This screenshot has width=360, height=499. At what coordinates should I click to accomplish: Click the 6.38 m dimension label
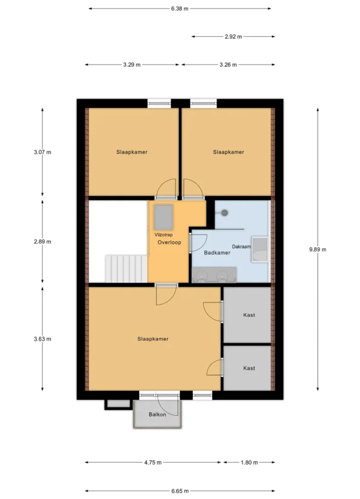180,8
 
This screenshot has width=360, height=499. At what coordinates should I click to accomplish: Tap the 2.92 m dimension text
233,37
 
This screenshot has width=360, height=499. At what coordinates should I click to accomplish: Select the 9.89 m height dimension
318,250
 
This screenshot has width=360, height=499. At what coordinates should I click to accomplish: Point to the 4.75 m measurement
153,462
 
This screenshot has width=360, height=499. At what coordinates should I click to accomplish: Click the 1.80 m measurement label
249,462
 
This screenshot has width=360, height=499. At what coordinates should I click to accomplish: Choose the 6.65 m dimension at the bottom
180,491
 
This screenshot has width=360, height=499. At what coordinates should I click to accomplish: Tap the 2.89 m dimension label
42,241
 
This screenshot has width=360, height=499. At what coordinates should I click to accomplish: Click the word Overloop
169,243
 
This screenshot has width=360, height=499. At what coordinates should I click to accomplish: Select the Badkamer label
217,253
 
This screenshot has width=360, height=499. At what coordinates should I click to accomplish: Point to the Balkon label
157,415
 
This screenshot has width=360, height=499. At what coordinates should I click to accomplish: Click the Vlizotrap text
163,235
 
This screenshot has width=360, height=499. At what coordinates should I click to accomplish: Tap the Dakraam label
241,247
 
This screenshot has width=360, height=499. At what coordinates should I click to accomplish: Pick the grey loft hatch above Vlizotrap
163,217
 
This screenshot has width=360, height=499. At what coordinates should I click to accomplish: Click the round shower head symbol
224,212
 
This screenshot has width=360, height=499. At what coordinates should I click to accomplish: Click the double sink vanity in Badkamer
214,275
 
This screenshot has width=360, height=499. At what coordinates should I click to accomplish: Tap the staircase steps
126,269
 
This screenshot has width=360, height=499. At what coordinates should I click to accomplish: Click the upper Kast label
249,315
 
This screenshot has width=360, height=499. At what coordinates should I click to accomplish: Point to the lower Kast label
249,368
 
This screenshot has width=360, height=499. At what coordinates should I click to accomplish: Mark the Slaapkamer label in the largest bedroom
153,339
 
